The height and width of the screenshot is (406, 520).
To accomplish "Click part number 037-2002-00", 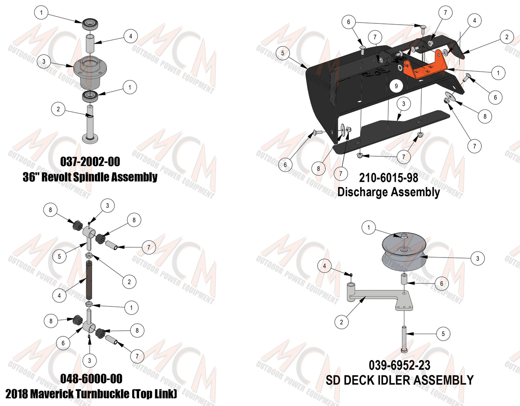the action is click(90, 162).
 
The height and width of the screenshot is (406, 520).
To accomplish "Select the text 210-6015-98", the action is click(389, 178).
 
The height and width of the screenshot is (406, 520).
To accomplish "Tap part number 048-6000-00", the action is click(91, 379).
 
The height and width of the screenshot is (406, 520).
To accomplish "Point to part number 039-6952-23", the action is click(400, 365).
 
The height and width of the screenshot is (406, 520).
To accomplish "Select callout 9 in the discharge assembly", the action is click(396, 86).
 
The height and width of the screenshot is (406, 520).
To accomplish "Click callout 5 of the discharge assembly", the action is click(283, 53).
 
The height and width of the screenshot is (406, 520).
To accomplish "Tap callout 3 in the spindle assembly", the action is click(44, 61).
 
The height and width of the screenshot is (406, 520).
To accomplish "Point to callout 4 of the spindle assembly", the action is click(130, 36).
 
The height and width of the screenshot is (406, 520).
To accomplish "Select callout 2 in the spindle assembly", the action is click(58, 109).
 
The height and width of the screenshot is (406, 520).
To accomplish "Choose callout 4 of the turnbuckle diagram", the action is click(59, 296).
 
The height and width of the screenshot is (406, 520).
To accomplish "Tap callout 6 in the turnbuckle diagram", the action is click(63, 343).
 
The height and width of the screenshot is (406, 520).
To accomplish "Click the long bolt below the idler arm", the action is click(404, 339).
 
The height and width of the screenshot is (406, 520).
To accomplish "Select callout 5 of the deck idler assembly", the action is click(443, 334).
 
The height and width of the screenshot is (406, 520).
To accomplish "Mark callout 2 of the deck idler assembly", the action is click(341, 322).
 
